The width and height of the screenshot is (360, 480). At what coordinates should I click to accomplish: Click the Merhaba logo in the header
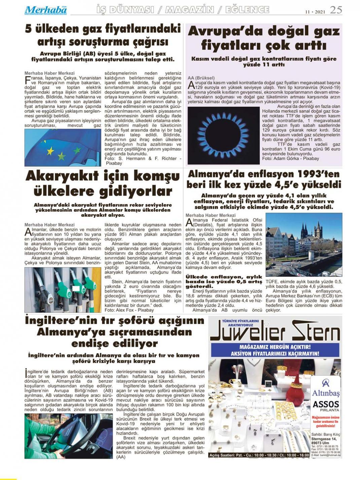point(45,10)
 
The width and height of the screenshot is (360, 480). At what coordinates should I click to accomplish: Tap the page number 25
point(336,10)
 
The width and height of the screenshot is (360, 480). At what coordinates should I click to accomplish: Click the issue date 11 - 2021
point(315,11)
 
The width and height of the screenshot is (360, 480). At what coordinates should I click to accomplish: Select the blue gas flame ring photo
point(223,135)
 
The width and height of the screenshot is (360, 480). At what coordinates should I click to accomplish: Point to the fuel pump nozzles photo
point(63,290)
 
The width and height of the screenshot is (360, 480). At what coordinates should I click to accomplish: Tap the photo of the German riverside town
point(303,244)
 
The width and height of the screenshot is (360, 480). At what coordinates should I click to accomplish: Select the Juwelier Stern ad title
point(275,331)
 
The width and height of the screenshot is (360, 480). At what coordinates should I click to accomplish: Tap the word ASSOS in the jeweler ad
point(326,404)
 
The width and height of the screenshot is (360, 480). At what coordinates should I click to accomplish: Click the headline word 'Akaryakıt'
point(62,176)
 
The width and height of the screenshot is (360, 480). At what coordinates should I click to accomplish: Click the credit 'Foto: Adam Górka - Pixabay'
point(291,158)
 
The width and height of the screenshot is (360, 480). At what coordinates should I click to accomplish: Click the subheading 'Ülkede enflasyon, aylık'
point(224,277)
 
